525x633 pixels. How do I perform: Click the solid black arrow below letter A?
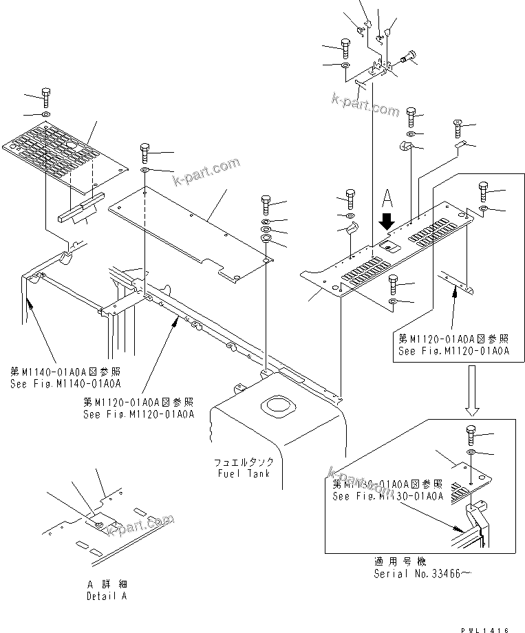(387, 221)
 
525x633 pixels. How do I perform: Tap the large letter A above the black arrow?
(387, 199)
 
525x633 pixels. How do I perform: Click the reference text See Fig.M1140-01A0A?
(65, 383)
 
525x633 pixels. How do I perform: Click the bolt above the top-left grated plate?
(45, 96)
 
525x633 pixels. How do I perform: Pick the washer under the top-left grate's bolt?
(45, 113)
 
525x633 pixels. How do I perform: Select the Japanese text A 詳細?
(106, 585)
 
